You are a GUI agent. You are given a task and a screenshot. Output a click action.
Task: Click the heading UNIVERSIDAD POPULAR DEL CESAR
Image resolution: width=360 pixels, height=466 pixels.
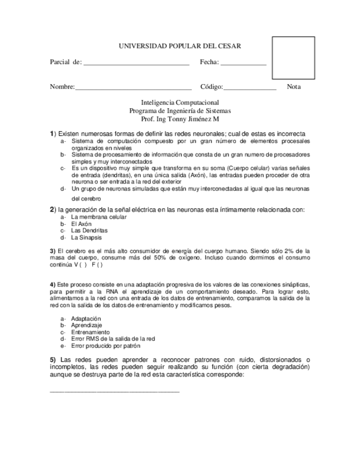pyautogui.click(x=180, y=47)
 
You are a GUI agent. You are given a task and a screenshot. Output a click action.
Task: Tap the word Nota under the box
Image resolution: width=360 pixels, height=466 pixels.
pyautogui.click(x=293, y=87)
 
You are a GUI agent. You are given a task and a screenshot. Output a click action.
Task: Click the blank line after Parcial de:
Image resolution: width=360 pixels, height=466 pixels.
pyautogui.click(x=136, y=63)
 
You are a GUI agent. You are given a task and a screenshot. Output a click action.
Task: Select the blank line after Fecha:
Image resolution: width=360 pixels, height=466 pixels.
pyautogui.click(x=243, y=63)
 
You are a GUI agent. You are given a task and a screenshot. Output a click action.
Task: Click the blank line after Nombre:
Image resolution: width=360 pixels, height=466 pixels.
pyautogui.click(x=133, y=87)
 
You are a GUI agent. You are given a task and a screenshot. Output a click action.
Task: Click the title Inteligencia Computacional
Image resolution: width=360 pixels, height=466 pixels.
pyautogui.click(x=180, y=103)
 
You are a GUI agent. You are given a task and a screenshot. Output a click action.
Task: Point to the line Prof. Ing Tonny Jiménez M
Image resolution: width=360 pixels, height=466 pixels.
pyautogui.click(x=180, y=118)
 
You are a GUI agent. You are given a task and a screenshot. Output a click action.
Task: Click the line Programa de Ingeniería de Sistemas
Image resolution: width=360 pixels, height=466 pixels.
pyautogui.click(x=180, y=110)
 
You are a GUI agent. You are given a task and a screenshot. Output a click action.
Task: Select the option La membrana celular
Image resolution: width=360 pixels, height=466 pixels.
pyautogui.click(x=98, y=217)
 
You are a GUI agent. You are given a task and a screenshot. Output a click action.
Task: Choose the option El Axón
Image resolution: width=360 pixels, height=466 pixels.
pyautogui.click(x=81, y=224)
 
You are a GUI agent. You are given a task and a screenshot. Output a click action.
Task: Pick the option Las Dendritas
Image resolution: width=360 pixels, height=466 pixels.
pyautogui.click(x=89, y=231)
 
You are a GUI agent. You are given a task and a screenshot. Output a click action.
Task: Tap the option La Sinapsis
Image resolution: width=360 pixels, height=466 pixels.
pyautogui.click(x=86, y=238)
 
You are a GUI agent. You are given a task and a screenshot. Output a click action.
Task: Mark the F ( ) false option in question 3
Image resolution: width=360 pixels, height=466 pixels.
pyautogui.click(x=97, y=264)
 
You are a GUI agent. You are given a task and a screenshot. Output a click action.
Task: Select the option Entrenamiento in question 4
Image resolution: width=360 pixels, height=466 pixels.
pyautogui.click(x=90, y=332)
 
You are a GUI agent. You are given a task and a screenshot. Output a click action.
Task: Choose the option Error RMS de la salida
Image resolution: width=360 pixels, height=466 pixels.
pyautogui.click(x=113, y=339)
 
